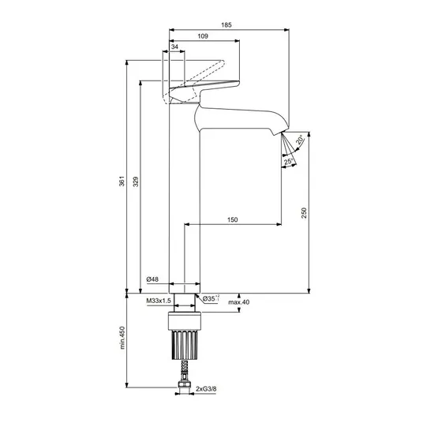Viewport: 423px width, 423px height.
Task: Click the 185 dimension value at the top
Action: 226,24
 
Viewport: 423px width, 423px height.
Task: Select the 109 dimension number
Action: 203,36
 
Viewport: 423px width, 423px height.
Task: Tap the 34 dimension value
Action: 175,47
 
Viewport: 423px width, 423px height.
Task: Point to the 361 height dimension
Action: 122,181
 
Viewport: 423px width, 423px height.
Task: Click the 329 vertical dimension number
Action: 136,182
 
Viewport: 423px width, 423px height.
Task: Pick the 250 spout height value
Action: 304,213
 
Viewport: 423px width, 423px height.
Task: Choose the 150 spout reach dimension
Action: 232,219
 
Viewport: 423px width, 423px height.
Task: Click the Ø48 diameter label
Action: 152,279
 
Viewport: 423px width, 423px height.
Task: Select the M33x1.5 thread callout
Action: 159,301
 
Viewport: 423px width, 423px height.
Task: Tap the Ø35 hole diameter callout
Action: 211,298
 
